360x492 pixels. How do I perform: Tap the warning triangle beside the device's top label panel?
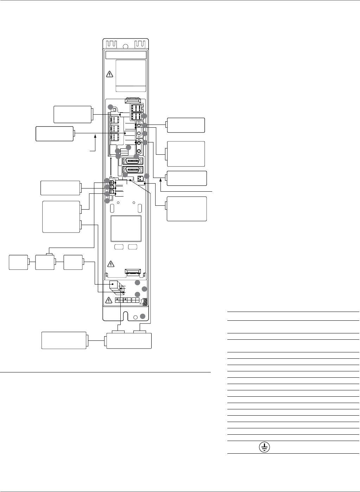pyautogui.click(x=110, y=74)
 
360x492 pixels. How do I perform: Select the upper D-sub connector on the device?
pyautogui.click(x=132, y=161)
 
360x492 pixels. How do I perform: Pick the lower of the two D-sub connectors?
pyautogui.click(x=132, y=170)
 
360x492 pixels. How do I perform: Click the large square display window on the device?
pyautogui.click(x=126, y=228)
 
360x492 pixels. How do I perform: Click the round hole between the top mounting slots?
pyautogui.click(x=125, y=46)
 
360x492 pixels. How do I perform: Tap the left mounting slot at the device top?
pyautogui.click(x=111, y=44)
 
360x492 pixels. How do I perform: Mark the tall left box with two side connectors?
pyautogui.click(x=62, y=217)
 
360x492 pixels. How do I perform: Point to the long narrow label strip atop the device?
pyautogui.click(x=126, y=55)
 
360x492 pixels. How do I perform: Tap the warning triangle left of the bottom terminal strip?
pyautogui.click(x=110, y=300)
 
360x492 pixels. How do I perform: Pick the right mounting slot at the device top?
pyautogui.click(x=140, y=44)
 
